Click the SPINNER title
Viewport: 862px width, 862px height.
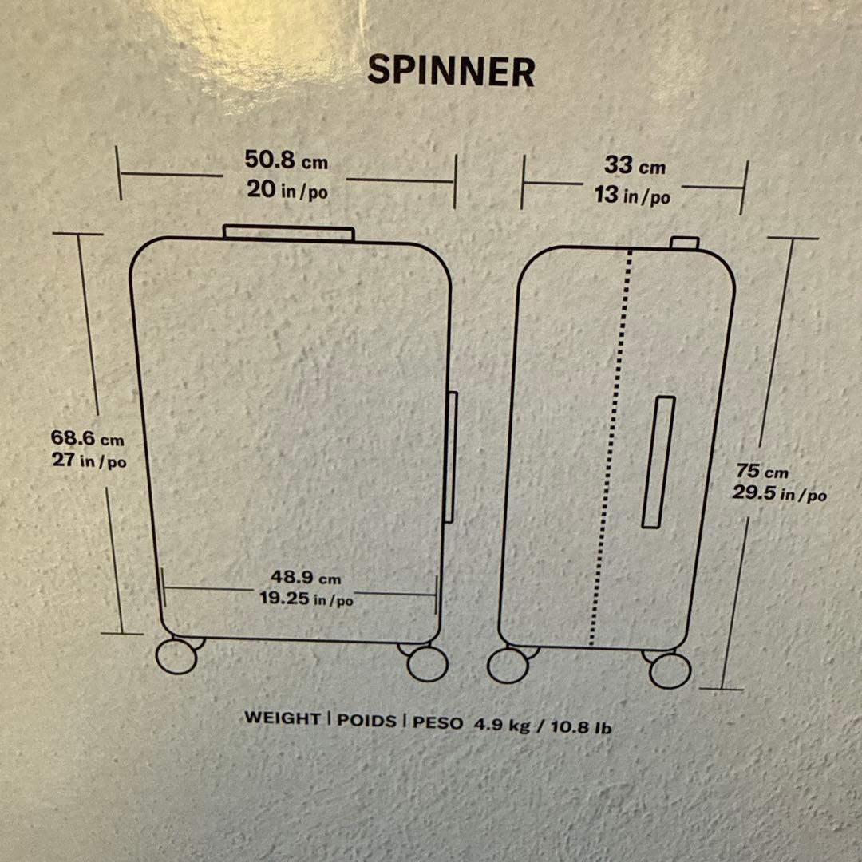[451, 71]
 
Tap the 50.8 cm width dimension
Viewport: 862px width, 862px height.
[287, 160]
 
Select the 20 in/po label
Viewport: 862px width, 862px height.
[287, 190]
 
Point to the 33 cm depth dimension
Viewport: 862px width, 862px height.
[635, 165]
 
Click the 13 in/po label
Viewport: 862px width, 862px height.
[632, 195]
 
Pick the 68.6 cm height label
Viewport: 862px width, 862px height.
[88, 438]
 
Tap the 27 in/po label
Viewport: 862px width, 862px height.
[89, 460]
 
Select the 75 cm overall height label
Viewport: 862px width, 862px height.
[762, 471]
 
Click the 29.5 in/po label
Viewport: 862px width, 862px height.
[779, 493]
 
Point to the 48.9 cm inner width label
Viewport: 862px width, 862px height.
[306, 577]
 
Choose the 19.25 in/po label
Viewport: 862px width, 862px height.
[306, 598]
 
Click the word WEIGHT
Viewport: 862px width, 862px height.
[283, 718]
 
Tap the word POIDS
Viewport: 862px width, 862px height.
[366, 720]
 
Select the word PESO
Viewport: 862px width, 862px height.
[437, 722]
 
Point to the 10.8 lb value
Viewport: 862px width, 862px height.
[581, 727]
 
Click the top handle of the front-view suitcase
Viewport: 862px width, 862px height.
[289, 233]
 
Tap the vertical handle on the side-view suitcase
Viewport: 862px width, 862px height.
[658, 462]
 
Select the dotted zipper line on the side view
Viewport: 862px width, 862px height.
[611, 447]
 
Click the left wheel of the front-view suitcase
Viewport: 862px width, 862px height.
[176, 656]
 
